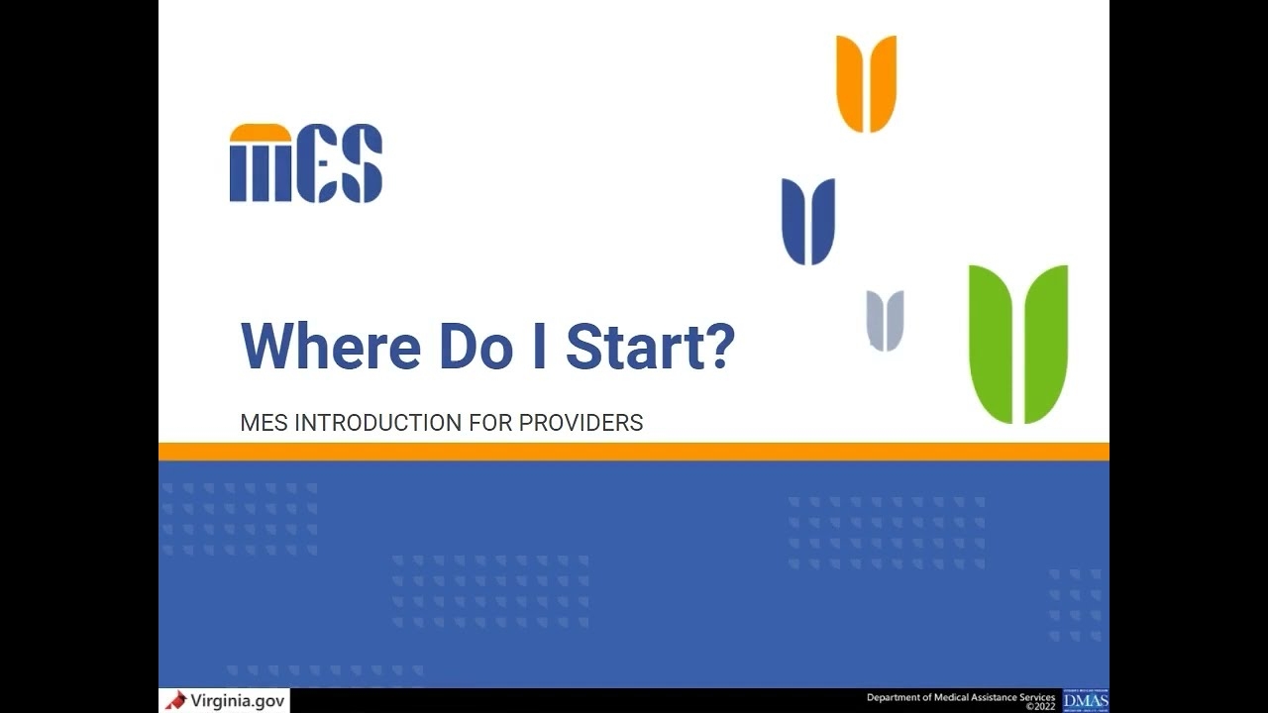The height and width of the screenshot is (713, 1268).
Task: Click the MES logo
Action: (x=305, y=163)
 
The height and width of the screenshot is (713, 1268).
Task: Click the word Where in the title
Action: (x=330, y=346)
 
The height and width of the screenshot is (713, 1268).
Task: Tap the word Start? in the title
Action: (x=650, y=346)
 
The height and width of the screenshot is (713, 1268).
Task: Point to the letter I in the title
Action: (x=539, y=346)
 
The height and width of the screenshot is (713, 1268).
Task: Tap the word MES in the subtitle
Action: (x=264, y=423)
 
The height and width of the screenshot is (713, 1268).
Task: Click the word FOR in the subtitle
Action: (x=491, y=423)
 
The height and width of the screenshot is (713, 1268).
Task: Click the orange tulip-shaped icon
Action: (x=866, y=83)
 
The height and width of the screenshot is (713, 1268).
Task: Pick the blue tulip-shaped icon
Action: (x=808, y=221)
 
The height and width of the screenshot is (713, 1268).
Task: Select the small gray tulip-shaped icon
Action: (x=885, y=320)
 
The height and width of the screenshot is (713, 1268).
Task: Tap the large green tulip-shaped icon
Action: (x=1017, y=343)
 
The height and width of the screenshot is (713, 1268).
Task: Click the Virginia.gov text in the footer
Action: (x=238, y=701)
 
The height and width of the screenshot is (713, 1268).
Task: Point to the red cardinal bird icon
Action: (x=176, y=701)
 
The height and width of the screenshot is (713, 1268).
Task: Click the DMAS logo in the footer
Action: (x=1086, y=701)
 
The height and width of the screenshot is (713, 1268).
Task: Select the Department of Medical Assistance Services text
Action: (x=960, y=697)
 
